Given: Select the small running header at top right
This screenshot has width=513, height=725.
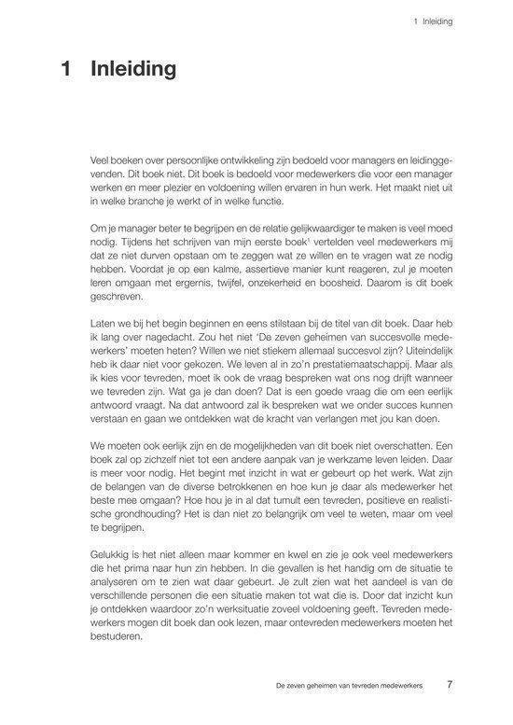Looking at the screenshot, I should tap(431, 21).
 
